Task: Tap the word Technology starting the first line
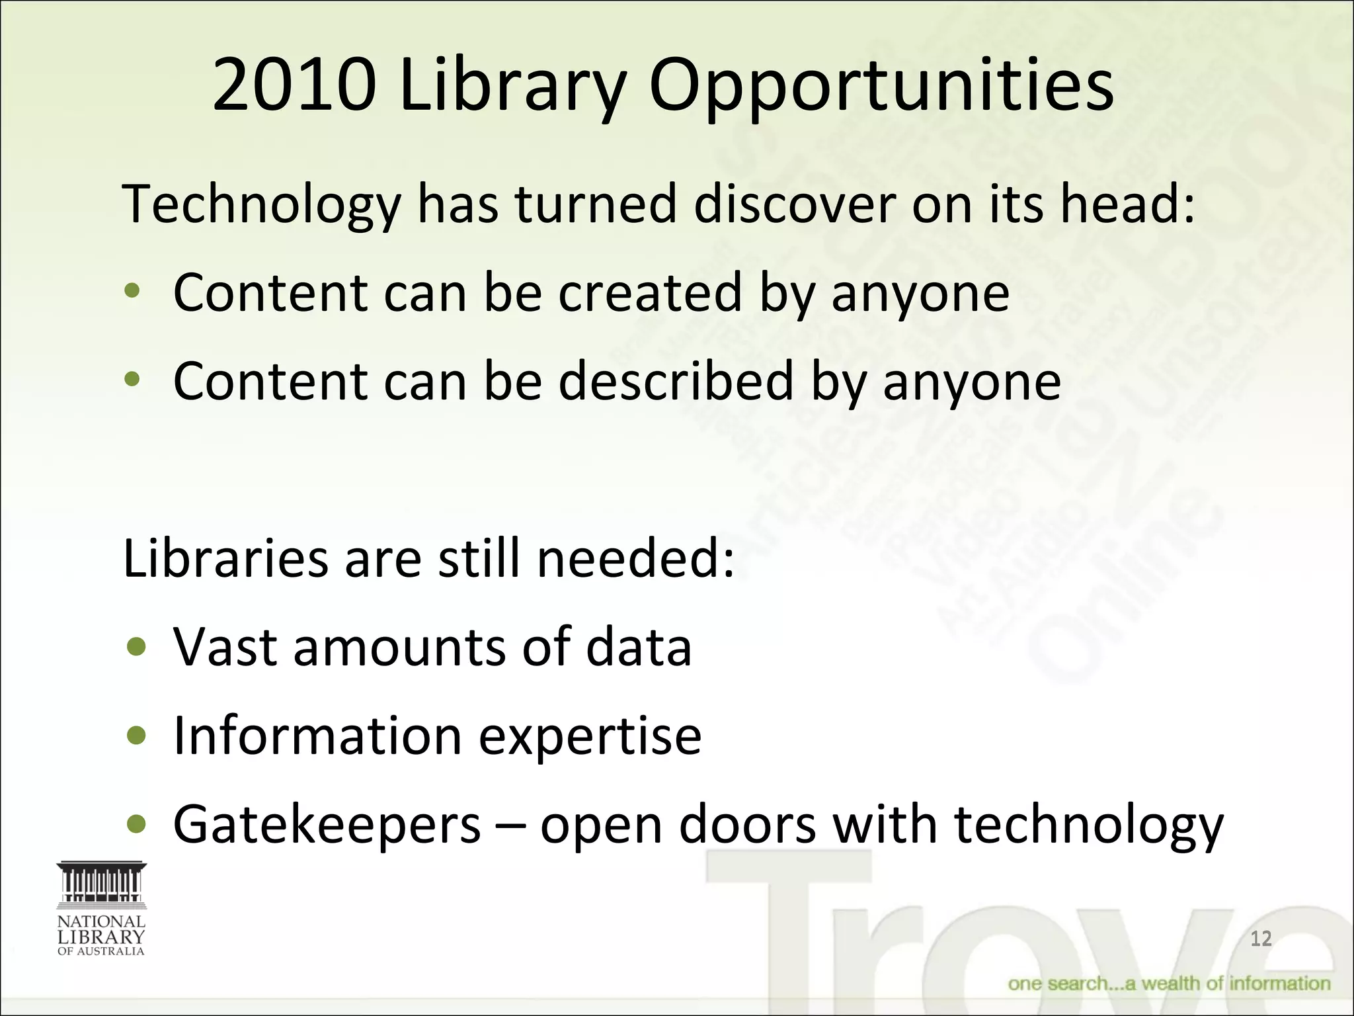pos(262,205)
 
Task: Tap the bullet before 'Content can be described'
pos(133,380)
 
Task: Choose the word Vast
pos(225,646)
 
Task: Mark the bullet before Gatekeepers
pos(137,824)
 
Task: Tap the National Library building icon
pos(101,884)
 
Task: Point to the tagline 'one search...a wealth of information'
pos(1169,984)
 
